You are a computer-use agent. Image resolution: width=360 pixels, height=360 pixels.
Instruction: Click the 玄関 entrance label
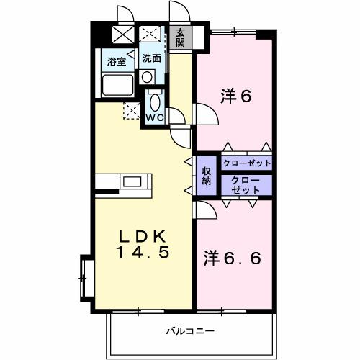click(x=180, y=37)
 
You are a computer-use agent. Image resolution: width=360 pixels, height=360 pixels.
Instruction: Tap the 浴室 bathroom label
click(x=117, y=61)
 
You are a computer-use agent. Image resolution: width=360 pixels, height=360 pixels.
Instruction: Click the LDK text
click(x=143, y=237)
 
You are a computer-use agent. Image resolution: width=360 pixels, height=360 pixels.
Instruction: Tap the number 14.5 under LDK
click(x=143, y=253)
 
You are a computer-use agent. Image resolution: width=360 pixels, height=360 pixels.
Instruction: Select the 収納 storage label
click(x=207, y=176)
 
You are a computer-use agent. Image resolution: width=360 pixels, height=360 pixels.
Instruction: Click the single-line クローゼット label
click(x=247, y=163)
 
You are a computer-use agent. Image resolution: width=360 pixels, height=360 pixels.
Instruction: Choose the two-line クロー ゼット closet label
click(x=246, y=184)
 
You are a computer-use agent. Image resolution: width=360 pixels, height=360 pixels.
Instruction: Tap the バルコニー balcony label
click(x=190, y=332)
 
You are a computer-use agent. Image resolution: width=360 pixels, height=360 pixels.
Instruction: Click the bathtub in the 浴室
click(x=117, y=86)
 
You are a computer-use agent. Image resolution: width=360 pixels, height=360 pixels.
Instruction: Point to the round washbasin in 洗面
click(x=147, y=76)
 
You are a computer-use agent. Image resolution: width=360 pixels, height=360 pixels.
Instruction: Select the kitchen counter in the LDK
click(x=125, y=181)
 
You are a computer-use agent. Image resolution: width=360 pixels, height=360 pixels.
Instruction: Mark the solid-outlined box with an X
click(x=123, y=34)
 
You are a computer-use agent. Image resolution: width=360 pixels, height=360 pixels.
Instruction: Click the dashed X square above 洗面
click(x=150, y=33)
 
